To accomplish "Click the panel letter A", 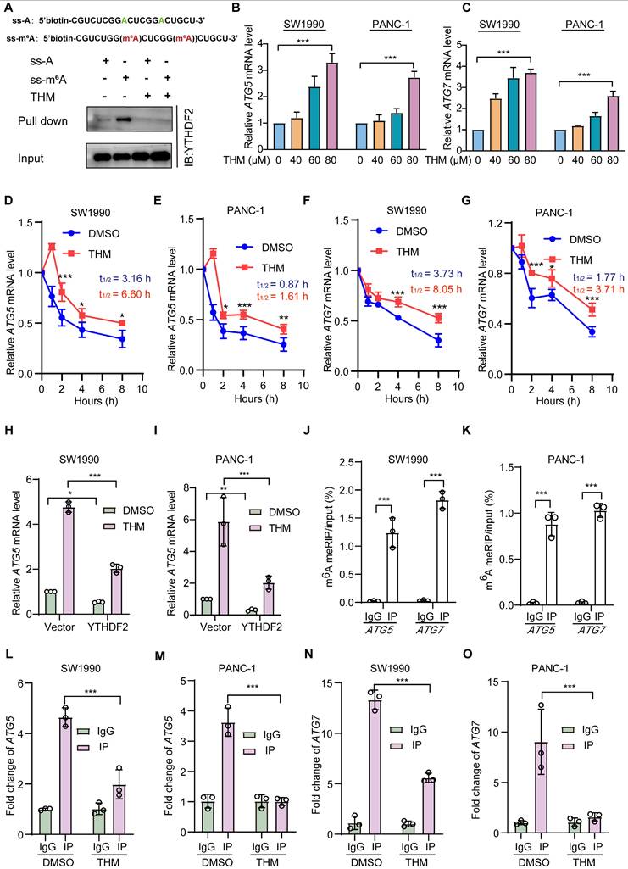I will pyautogui.click(x=7, y=8).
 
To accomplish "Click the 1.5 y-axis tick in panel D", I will pyautogui.click(x=31, y=222).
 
